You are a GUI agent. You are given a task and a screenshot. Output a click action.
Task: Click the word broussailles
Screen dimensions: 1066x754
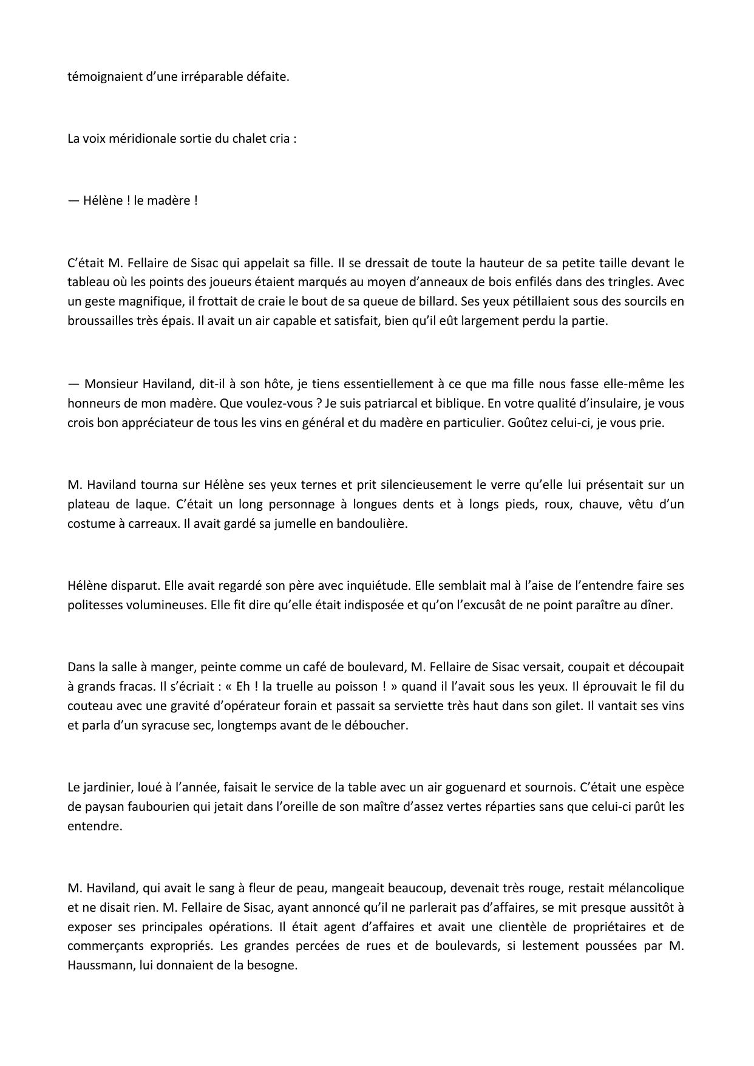coord(100,321)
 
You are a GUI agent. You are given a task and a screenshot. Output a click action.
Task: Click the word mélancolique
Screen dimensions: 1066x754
coord(645,888)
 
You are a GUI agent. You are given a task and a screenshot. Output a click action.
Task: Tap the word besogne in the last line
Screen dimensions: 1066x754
coord(272,965)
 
